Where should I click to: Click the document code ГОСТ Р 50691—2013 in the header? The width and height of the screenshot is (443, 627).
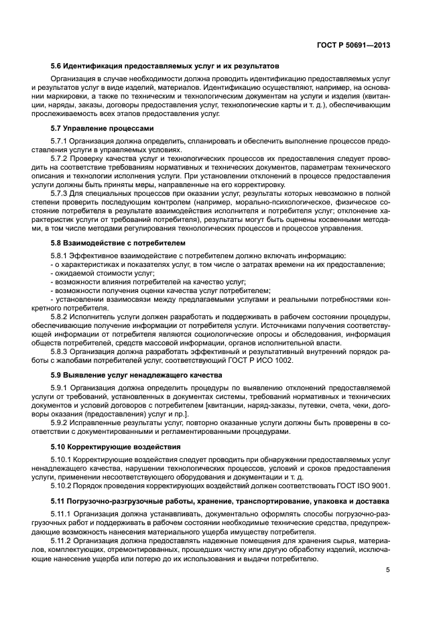353,45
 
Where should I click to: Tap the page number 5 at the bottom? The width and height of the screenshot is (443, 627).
388,571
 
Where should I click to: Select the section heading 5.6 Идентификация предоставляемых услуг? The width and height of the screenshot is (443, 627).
165,66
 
